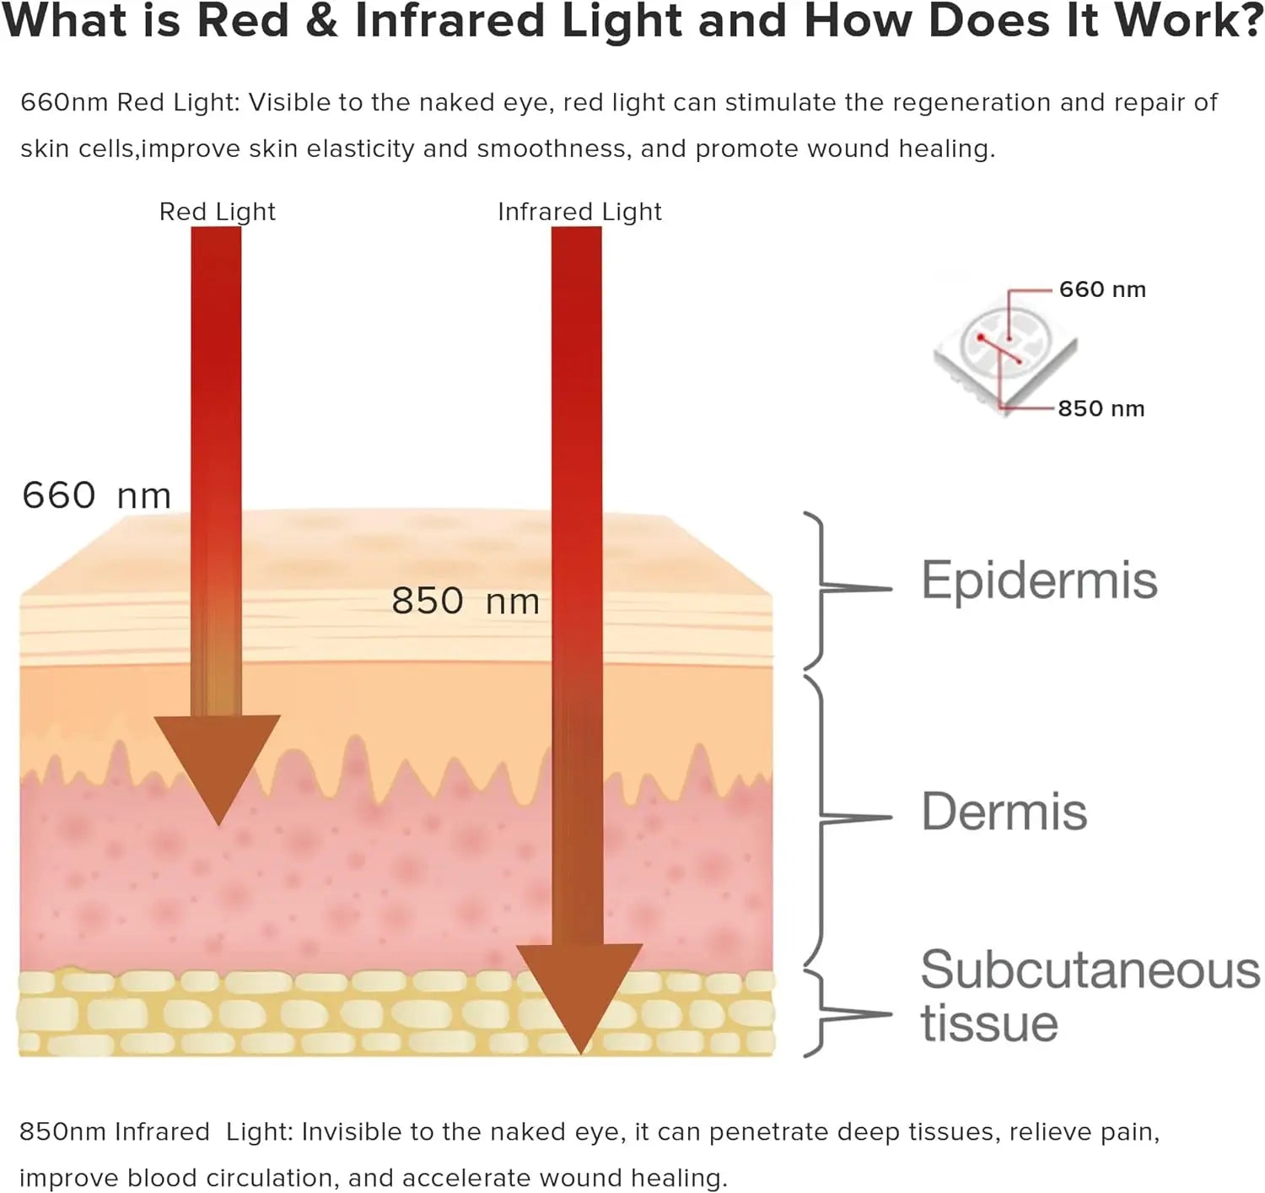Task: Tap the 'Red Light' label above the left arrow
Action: click(218, 212)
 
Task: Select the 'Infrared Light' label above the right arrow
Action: click(579, 212)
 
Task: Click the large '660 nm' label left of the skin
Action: click(96, 495)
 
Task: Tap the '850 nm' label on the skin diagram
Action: click(465, 602)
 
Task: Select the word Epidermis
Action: click(1039, 580)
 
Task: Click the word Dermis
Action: click(1004, 812)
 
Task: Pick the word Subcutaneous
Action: click(1090, 970)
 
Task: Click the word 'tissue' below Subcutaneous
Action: click(988, 1024)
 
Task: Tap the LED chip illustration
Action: click(1004, 350)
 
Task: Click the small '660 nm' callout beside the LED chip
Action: click(1102, 290)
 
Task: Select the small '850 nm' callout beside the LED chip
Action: click(1101, 409)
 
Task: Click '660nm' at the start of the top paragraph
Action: click(64, 103)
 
